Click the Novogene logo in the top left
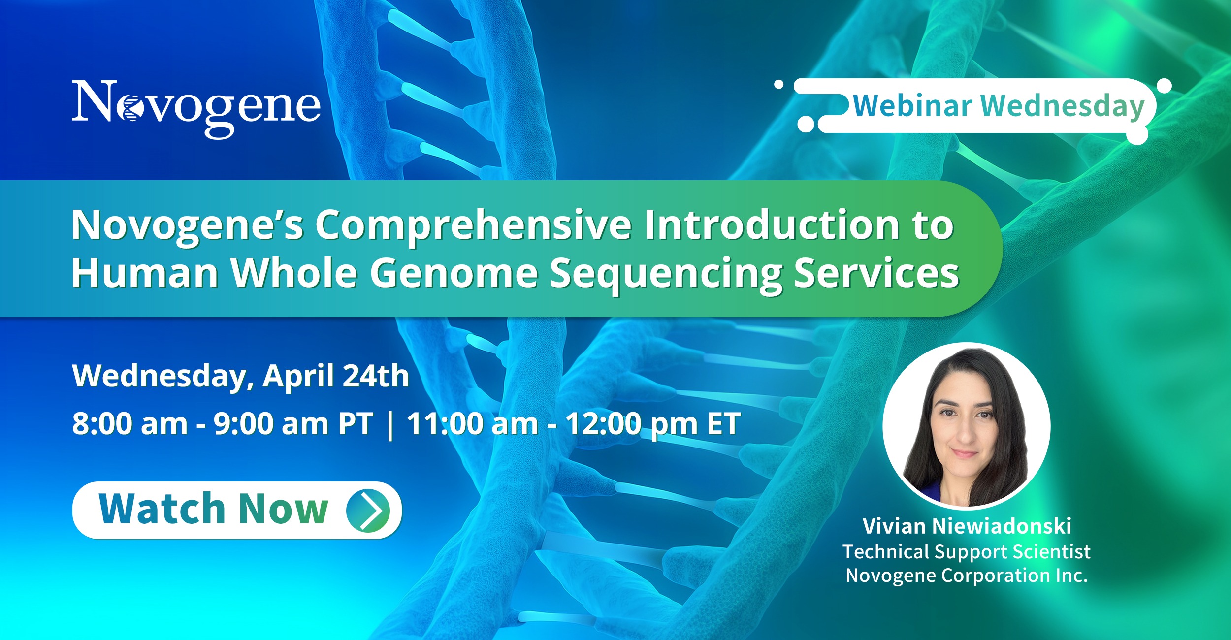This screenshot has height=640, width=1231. [x=196, y=109]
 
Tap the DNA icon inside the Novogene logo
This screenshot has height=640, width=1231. [x=131, y=108]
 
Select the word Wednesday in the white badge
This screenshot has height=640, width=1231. [x=1063, y=107]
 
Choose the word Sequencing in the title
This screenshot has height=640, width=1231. [x=666, y=275]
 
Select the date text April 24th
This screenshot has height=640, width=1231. [x=336, y=376]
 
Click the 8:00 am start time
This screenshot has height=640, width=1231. [x=130, y=423]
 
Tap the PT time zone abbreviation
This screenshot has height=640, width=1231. [x=356, y=423]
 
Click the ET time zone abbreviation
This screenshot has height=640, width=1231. [x=723, y=423]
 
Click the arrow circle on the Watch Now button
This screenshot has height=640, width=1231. [x=368, y=511]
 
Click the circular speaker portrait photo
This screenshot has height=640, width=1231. [x=966, y=425]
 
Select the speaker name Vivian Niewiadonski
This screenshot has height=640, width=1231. [x=967, y=526]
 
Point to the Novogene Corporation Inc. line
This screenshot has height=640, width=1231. [x=967, y=576]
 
